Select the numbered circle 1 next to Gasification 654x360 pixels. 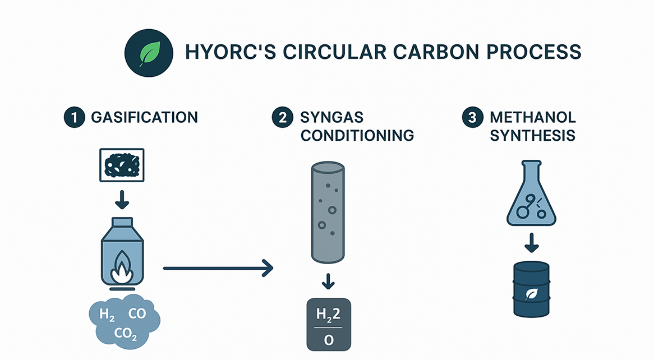pyautogui.click(x=73, y=118)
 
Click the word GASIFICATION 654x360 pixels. pyautogui.click(x=144, y=118)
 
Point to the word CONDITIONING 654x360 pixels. pyautogui.click(x=357, y=135)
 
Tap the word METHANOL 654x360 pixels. pyautogui.click(x=533, y=118)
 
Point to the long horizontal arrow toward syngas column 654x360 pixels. pyautogui.click(x=218, y=269)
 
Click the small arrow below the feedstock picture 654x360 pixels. pyautogui.click(x=121, y=200)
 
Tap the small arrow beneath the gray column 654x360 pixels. pyautogui.click(x=329, y=280)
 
